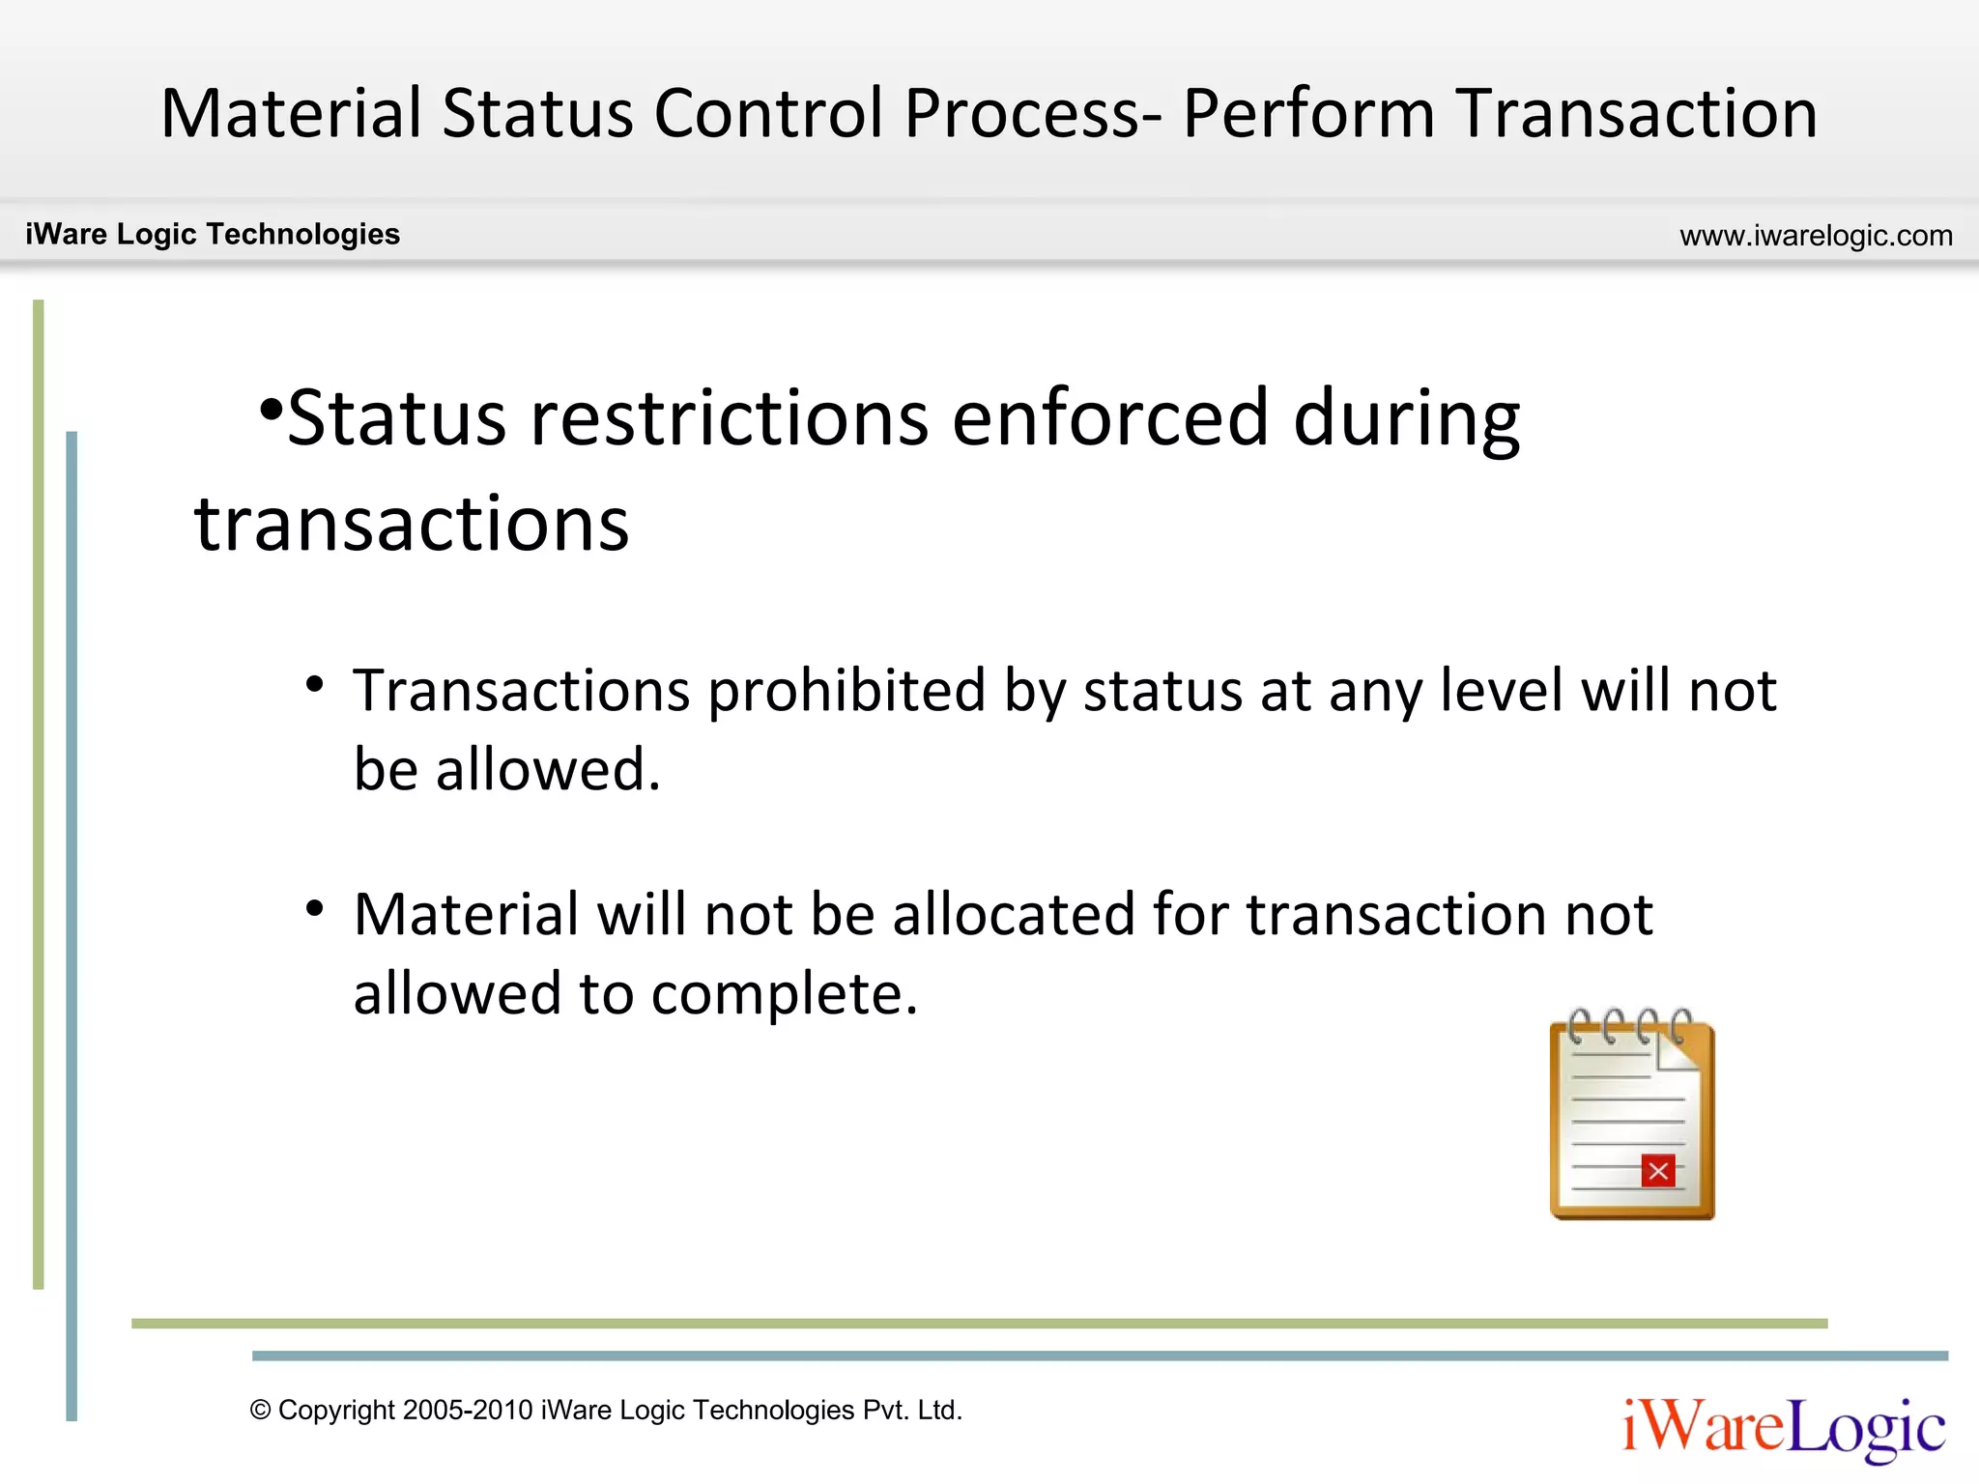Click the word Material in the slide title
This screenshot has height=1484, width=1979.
point(291,114)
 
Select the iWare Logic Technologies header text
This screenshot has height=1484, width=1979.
point(213,235)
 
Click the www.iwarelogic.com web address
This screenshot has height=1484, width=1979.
point(1816,236)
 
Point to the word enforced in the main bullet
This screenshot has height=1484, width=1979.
point(1109,417)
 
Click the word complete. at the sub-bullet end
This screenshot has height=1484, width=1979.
point(784,995)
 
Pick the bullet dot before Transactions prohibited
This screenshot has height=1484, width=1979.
point(314,684)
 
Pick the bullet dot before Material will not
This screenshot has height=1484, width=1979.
point(314,908)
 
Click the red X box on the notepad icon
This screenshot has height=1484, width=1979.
point(1658,1172)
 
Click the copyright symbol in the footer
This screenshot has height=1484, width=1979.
point(260,1411)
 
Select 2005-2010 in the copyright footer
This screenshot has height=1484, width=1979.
point(468,1411)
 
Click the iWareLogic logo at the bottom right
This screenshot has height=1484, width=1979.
point(1783,1428)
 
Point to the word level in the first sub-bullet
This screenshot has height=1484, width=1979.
point(1500,692)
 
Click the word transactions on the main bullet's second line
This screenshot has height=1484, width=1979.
point(412,524)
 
